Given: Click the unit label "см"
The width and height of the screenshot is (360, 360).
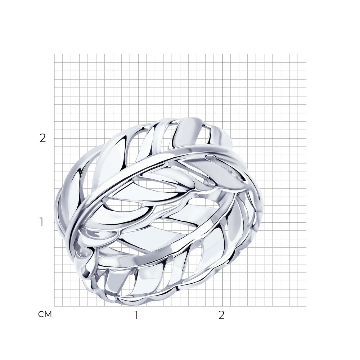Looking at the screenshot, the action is point(45,314).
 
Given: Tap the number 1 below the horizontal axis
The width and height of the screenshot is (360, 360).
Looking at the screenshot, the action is point(136,315).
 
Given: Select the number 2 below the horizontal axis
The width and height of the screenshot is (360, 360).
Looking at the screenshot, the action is point(221,315).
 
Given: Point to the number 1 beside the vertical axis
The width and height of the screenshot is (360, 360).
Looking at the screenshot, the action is point(41,222).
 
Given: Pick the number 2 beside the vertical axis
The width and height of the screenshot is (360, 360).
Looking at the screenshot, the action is point(43,138).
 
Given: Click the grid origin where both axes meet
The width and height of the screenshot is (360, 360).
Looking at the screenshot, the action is point(54,306).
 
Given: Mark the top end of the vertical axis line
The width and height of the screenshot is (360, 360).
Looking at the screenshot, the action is point(54,54).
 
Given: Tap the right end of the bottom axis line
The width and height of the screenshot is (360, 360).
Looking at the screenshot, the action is point(306,306).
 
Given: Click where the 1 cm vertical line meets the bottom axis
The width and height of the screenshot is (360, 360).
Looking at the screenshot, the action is point(138,306).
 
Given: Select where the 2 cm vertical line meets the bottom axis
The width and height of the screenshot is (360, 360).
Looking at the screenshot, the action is point(222,306).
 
